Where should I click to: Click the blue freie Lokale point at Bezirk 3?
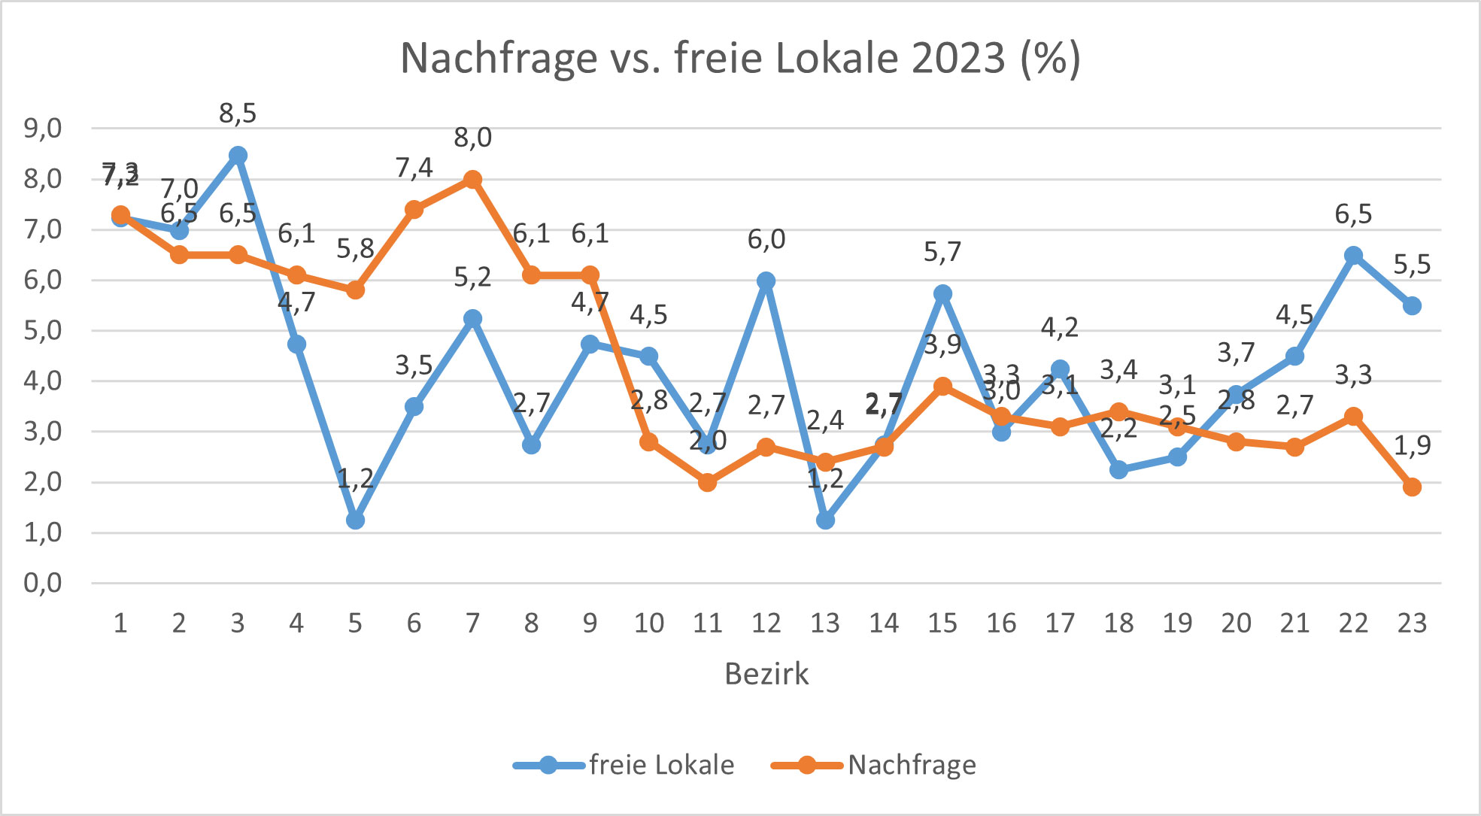(238, 156)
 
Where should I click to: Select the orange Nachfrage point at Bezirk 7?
(472, 180)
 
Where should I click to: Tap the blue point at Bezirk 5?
(355, 520)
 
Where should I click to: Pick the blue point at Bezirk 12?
(766, 281)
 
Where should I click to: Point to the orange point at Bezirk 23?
(1412, 487)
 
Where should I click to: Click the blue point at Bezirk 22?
(1353, 256)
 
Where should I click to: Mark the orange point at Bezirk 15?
(942, 387)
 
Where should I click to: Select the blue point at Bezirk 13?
(825, 520)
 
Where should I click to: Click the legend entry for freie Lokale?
(660, 765)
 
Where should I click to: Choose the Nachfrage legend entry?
(911, 765)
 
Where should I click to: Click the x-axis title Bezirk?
(766, 674)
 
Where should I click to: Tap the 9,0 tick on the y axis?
(43, 129)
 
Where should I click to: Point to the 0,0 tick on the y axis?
(43, 583)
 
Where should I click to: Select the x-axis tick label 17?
(1060, 623)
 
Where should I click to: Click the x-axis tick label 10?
(648, 623)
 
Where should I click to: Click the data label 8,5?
(238, 114)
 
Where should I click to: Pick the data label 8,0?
(472, 138)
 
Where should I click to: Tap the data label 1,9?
(1412, 446)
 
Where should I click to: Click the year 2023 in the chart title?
(957, 58)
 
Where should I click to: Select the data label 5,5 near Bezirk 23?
(1412, 265)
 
